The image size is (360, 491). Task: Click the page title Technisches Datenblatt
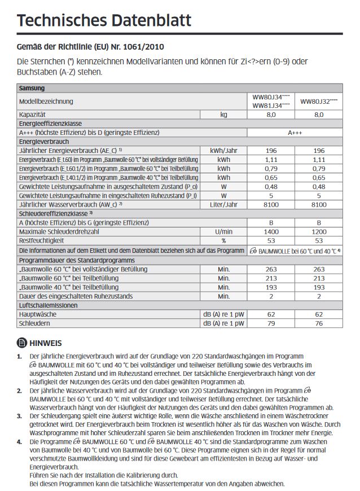tap(104, 21)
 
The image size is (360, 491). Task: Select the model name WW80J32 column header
tap(319, 102)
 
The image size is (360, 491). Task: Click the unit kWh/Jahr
tap(224, 151)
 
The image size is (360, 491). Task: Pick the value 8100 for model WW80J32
tap(319, 204)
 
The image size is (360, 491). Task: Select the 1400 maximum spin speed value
tap(271, 232)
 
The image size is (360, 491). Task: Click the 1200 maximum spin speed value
tap(319, 232)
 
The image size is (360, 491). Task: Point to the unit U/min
tap(224, 232)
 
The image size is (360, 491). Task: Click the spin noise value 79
tap(271, 324)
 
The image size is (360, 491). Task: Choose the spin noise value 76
tap(319, 324)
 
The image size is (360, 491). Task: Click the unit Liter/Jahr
tap(224, 204)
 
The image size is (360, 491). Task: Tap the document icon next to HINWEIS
tap(22, 343)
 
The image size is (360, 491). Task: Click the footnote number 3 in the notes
tap(19, 415)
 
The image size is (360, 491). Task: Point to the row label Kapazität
tap(33, 115)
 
